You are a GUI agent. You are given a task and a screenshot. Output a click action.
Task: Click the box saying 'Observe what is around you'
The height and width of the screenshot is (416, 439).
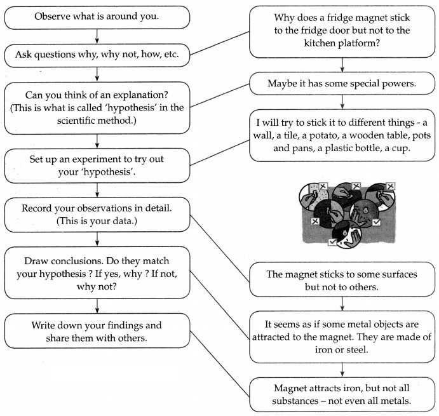(x=96, y=18)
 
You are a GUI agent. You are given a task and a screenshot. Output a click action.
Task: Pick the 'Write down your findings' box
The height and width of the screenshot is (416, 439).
(x=96, y=331)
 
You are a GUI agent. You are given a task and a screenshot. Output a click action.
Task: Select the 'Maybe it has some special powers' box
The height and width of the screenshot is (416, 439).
(x=342, y=83)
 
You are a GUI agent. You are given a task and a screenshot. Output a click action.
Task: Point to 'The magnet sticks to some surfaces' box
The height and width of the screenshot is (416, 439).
(x=342, y=280)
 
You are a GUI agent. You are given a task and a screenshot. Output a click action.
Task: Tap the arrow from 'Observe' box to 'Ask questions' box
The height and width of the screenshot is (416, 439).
(x=96, y=36)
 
